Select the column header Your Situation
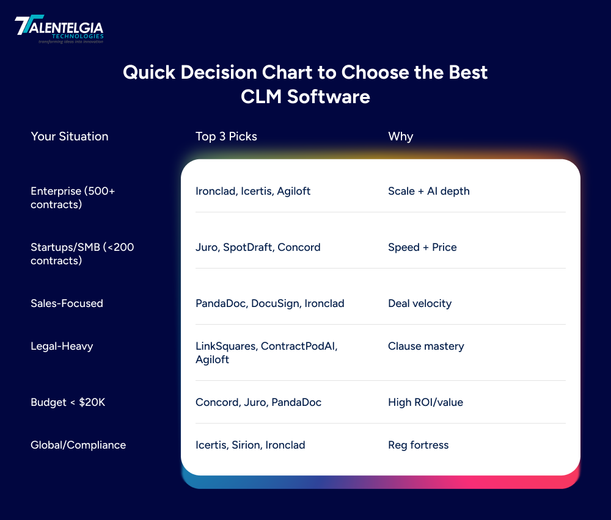click(x=69, y=137)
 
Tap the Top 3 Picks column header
click(x=226, y=137)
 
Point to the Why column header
click(x=400, y=137)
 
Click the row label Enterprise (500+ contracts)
click(x=73, y=198)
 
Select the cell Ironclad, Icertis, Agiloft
click(x=252, y=191)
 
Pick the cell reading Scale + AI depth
click(x=428, y=191)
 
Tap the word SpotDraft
click(x=248, y=247)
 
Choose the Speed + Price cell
click(x=422, y=247)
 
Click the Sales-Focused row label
click(x=67, y=303)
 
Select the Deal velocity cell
click(x=419, y=303)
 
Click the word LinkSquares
click(x=225, y=346)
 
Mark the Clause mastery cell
click(x=426, y=346)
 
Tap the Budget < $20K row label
click(x=68, y=402)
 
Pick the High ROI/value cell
click(x=425, y=402)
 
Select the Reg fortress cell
click(x=418, y=445)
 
